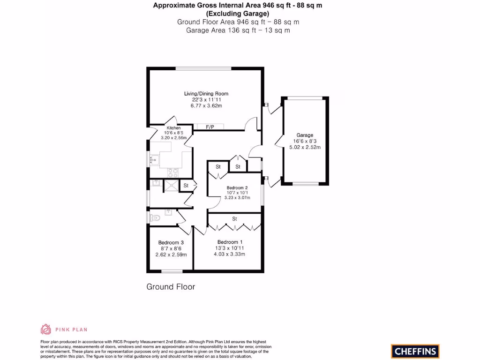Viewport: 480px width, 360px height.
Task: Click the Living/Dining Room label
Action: [206, 94]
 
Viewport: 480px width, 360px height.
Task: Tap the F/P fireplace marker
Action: [210, 127]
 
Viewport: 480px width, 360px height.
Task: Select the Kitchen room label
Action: [173, 128]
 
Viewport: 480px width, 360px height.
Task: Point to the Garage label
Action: [305, 135]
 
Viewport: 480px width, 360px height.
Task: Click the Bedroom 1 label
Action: [229, 242]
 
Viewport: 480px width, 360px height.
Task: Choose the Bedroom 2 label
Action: [233, 187]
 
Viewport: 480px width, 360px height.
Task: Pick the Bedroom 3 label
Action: [171, 242]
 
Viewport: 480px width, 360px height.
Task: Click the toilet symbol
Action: [155, 218]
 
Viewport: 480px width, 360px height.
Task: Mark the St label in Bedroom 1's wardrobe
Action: [234, 219]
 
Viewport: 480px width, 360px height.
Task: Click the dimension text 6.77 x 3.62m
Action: [206, 106]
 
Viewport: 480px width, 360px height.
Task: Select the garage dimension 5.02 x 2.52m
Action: [305, 147]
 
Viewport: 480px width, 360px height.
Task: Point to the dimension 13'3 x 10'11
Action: [229, 248]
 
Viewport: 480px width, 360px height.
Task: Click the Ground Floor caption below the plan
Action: [171, 286]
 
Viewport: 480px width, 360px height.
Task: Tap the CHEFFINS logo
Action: [415, 351]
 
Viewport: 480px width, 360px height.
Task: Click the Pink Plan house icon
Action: [46, 329]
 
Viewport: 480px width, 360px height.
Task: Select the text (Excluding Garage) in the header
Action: [238, 14]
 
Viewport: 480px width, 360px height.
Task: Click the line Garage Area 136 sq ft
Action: [238, 30]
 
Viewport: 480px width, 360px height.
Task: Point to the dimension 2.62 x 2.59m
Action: [171, 255]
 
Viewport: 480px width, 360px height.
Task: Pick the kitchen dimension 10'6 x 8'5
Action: [173, 133]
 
